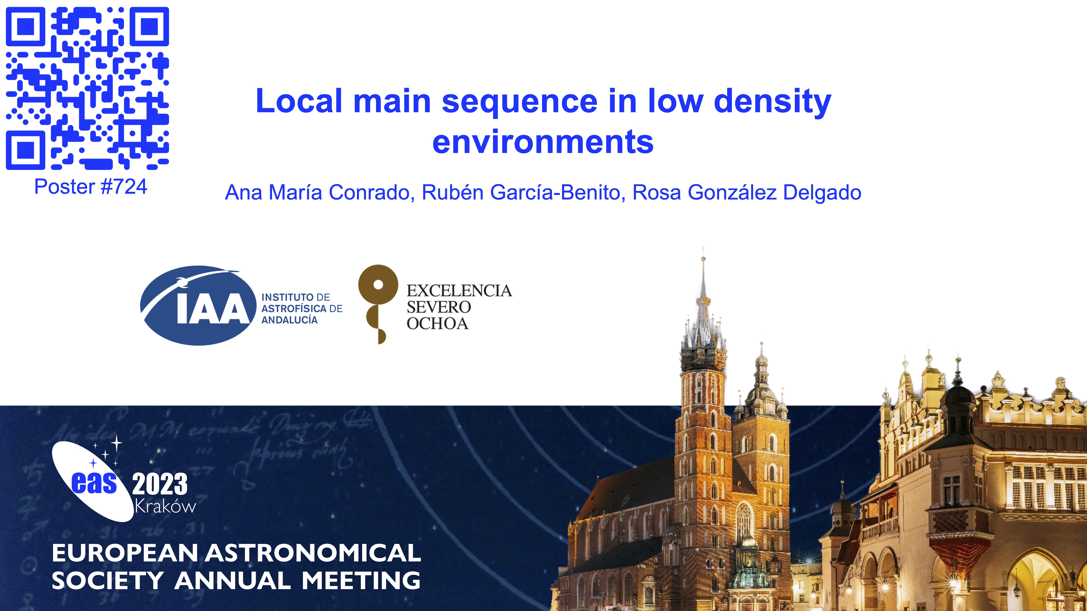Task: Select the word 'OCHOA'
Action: pos(438,323)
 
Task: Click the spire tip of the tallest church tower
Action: pos(703,248)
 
